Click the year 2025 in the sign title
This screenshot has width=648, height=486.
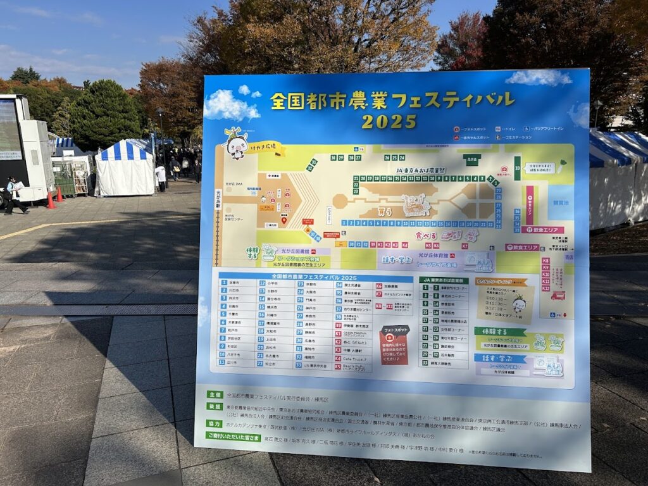coord(389,121)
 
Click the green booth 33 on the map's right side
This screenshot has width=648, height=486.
coord(517,168)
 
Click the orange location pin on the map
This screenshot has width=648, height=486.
coord(284,220)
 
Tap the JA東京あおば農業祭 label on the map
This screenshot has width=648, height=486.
coord(420,170)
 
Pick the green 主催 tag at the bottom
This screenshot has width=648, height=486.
coord(215,395)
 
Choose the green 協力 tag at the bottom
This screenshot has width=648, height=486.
coord(215,423)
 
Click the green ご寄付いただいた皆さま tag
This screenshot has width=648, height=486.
coord(233,436)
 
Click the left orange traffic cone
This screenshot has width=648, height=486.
coord(50,200)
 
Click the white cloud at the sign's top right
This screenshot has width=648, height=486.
coord(539,78)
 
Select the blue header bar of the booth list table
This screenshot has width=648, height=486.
coord(314,277)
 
